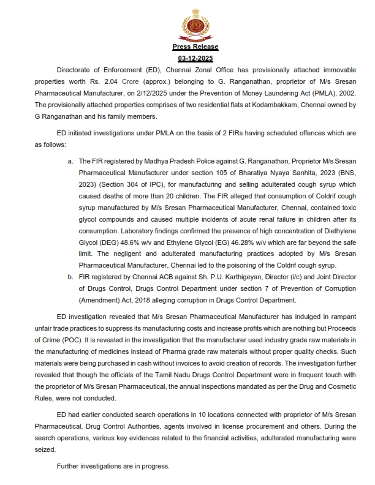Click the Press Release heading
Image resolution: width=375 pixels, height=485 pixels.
pyautogui.click(x=195, y=47)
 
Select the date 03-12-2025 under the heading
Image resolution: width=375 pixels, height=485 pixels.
pyautogui.click(x=195, y=59)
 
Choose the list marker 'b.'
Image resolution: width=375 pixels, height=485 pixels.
pyautogui.click(x=72, y=276)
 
